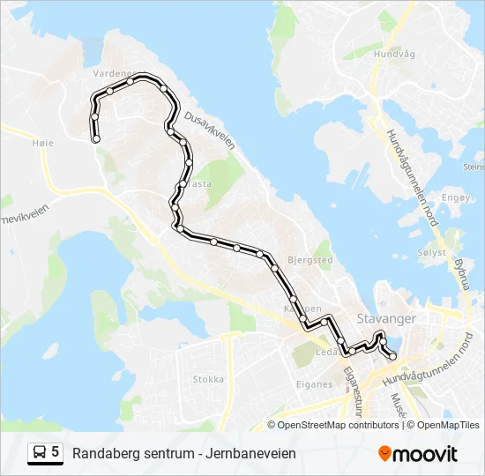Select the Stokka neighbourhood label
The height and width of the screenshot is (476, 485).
pyautogui.click(x=208, y=380)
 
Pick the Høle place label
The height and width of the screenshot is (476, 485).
pyautogui.click(x=42, y=143)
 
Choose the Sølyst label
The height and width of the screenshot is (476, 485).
pyautogui.click(x=432, y=251)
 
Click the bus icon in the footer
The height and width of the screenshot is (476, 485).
pyautogui.click(x=40, y=453)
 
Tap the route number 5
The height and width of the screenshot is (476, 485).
pyautogui.click(x=56, y=452)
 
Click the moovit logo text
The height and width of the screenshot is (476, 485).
pyautogui.click(x=425, y=454)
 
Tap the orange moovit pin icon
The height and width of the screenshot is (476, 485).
pyautogui.click(x=384, y=454)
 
